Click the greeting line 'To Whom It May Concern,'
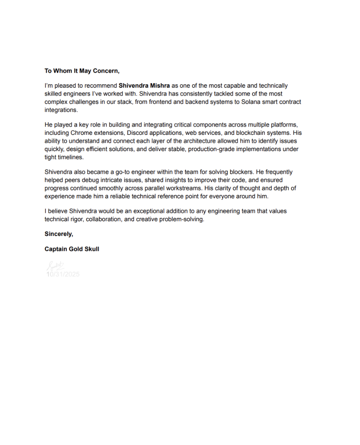(x=82, y=71)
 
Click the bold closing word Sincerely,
(x=59, y=234)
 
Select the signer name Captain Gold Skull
(x=72, y=249)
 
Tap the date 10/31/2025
(x=63, y=274)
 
